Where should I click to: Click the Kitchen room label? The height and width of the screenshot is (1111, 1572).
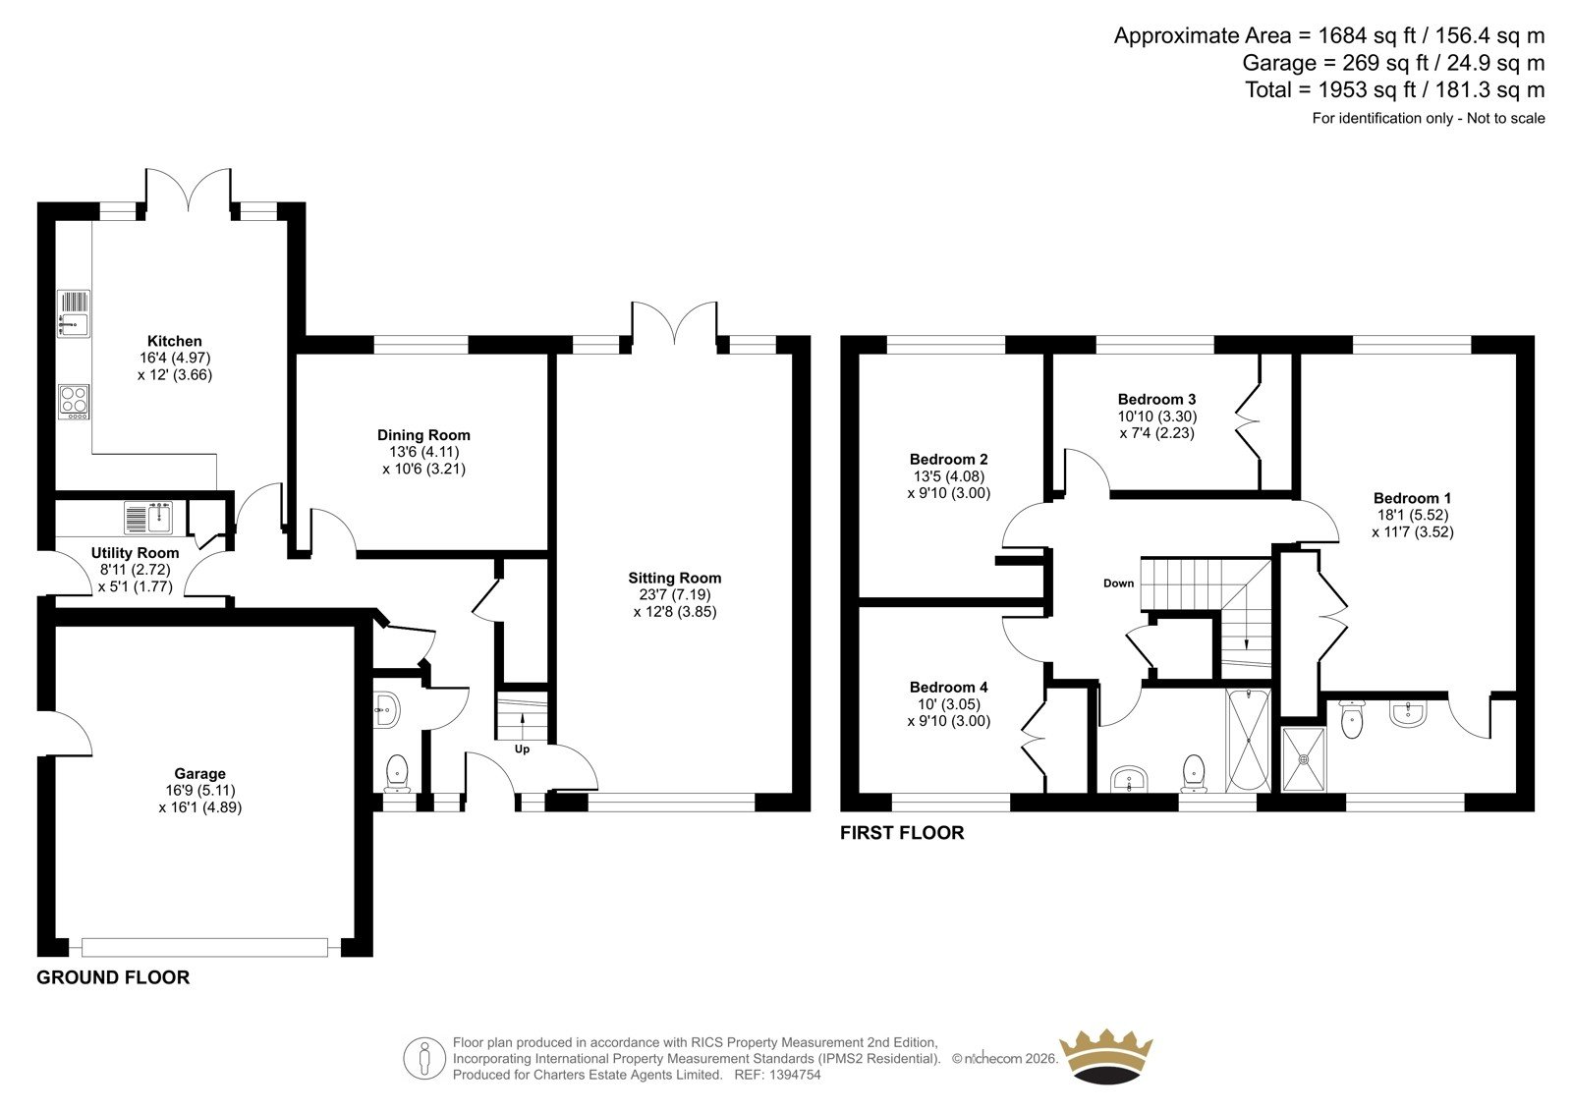[x=175, y=341]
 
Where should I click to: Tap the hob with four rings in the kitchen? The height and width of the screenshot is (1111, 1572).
[x=74, y=402]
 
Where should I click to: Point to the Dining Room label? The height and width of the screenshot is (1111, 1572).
[x=423, y=435]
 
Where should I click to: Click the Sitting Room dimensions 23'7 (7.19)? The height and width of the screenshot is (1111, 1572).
[x=674, y=595]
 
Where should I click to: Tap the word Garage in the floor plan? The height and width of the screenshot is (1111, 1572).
[x=200, y=773]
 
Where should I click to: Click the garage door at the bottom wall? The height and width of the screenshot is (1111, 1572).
[x=204, y=948]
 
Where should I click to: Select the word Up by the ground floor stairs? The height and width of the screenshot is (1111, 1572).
[x=522, y=750]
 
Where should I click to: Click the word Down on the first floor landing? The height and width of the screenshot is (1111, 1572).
[x=1119, y=583]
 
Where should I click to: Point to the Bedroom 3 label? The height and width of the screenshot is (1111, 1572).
[x=1156, y=400]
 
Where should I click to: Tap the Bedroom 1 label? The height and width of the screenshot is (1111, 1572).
[x=1412, y=498]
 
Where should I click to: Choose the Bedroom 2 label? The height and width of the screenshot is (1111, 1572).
[x=949, y=460]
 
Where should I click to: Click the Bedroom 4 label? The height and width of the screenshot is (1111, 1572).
[x=949, y=687]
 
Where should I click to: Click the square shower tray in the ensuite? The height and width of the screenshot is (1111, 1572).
[x=1304, y=759]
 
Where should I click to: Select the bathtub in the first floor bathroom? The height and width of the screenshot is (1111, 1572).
[x=1249, y=741]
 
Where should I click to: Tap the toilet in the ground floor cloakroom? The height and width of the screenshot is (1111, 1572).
[x=397, y=773]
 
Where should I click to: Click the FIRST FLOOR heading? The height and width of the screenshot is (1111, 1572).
[x=902, y=833]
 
